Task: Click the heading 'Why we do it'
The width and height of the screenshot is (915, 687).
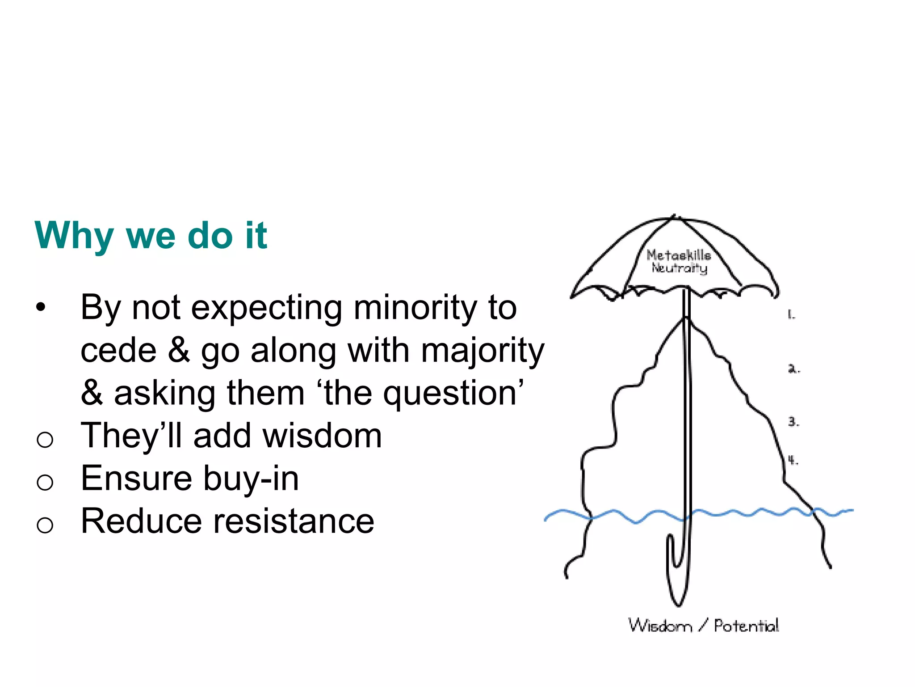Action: pyautogui.click(x=151, y=235)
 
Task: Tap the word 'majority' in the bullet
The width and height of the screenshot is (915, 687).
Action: pyautogui.click(x=483, y=351)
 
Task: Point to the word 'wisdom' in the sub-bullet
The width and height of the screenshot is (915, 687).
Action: pyautogui.click(x=322, y=436)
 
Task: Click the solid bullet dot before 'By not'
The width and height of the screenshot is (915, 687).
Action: pyautogui.click(x=41, y=307)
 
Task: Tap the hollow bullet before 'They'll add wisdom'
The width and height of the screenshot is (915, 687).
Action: pyautogui.click(x=45, y=439)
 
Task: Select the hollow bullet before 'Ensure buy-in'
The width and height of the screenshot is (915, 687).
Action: pyautogui.click(x=45, y=482)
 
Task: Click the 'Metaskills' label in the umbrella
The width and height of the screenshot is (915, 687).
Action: pyautogui.click(x=679, y=255)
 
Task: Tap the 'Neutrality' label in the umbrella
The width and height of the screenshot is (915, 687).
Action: pyautogui.click(x=680, y=268)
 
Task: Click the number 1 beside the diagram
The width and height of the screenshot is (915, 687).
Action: pyautogui.click(x=791, y=315)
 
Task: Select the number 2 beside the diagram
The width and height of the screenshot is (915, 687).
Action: pyautogui.click(x=793, y=369)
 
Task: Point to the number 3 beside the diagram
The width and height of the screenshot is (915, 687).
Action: pyautogui.click(x=793, y=421)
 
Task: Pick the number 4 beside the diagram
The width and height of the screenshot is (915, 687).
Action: pyautogui.click(x=793, y=460)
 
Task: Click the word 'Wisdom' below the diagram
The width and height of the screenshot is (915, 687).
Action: pyautogui.click(x=660, y=625)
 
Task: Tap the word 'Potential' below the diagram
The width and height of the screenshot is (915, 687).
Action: pyautogui.click(x=746, y=625)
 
